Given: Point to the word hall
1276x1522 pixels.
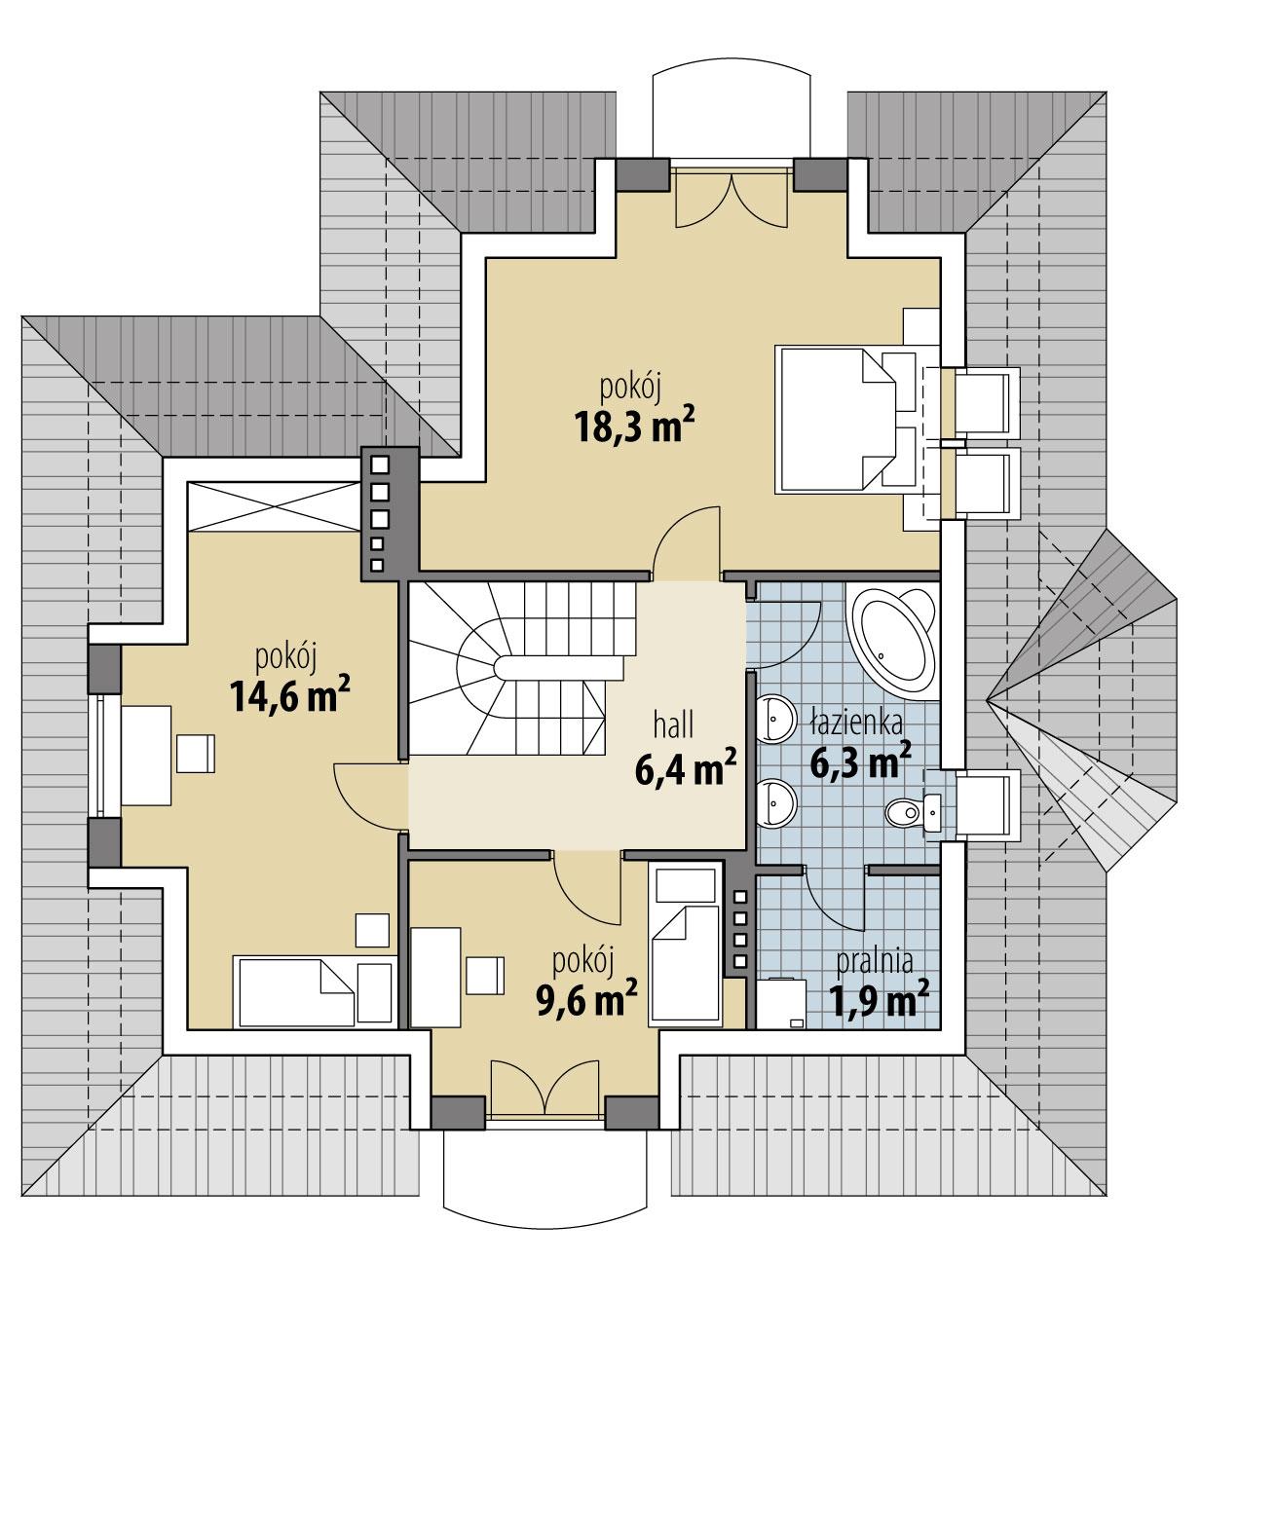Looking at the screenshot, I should (673, 724).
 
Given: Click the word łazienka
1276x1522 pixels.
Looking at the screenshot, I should (855, 722).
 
